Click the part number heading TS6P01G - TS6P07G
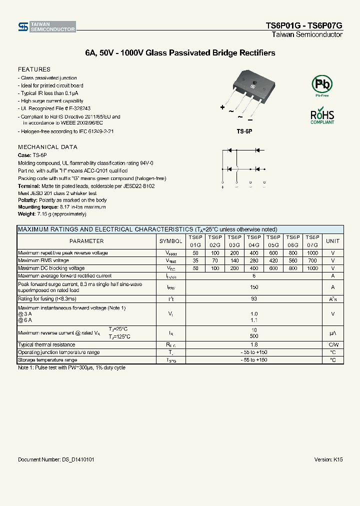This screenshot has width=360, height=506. pyautogui.click(x=303, y=26)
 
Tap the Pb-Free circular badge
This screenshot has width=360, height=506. pyautogui.click(x=321, y=85)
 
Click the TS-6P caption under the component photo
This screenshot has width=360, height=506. pyautogui.click(x=245, y=131)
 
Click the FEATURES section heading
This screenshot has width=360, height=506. pyautogui.click(x=34, y=69)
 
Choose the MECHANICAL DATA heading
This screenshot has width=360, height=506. pyautogui.click(x=47, y=147)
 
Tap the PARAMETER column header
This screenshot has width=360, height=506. pyautogui.click(x=86, y=241)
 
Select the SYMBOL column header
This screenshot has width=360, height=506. pyautogui.click(x=171, y=241)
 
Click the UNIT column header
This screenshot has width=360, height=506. pyautogui.click(x=332, y=241)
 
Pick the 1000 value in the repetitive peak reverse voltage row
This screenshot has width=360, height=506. pyautogui.click(x=312, y=253)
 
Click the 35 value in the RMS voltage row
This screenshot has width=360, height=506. pyautogui.click(x=195, y=260)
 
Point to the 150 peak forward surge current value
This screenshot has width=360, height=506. pyautogui.click(x=254, y=287)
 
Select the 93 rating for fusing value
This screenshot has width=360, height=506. pyautogui.click(x=254, y=298)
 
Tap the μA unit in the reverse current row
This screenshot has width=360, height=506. pyautogui.click(x=332, y=332)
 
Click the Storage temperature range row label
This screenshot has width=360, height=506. pyautogui.click(x=47, y=360)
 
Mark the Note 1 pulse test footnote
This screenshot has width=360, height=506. pyautogui.click(x=71, y=368)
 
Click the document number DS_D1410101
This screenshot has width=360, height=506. pyautogui.click(x=56, y=459)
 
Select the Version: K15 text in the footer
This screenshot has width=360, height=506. pyautogui.click(x=328, y=459)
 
